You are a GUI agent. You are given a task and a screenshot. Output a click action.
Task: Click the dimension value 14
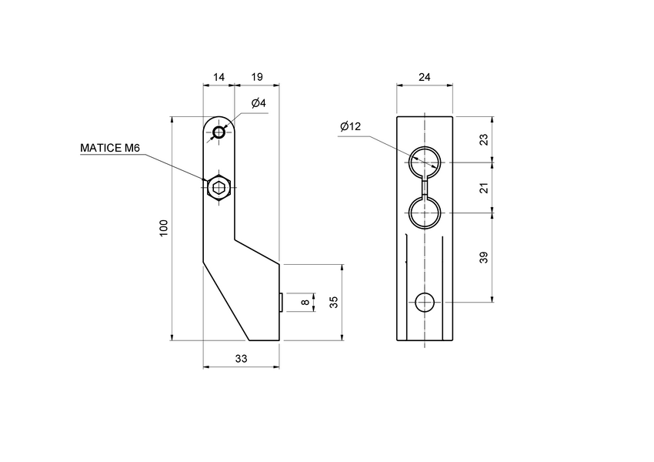click(x=219, y=77)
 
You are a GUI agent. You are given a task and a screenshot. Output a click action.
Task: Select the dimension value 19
click(x=257, y=77)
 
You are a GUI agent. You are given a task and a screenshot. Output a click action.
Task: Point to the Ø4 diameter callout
click(x=258, y=103)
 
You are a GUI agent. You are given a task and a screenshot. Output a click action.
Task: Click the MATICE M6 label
click(x=110, y=148)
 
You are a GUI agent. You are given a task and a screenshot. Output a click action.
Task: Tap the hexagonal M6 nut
click(x=219, y=187)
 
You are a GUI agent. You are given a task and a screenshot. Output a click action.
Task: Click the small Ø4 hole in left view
click(x=219, y=132)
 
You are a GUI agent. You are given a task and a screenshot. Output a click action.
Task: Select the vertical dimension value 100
click(x=163, y=228)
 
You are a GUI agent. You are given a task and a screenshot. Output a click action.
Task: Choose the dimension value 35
click(x=334, y=302)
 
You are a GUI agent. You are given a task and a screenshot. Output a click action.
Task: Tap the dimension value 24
click(x=425, y=77)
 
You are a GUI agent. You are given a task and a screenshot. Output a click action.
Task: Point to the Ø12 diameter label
click(x=350, y=126)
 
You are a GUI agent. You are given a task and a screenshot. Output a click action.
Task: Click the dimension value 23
click(x=483, y=139)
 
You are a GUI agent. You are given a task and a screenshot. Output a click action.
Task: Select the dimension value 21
click(x=483, y=187)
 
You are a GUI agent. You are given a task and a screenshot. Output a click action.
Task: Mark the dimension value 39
click(x=483, y=257)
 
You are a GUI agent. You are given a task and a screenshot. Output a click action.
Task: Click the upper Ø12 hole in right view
click(x=425, y=162)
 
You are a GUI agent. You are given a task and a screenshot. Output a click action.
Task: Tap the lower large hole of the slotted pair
click(x=425, y=212)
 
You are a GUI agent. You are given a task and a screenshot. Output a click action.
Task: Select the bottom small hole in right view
click(x=425, y=303)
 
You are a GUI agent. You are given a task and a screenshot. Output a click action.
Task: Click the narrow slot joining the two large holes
click(x=425, y=187)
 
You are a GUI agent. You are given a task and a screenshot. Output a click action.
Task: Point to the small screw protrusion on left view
click(x=282, y=303)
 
